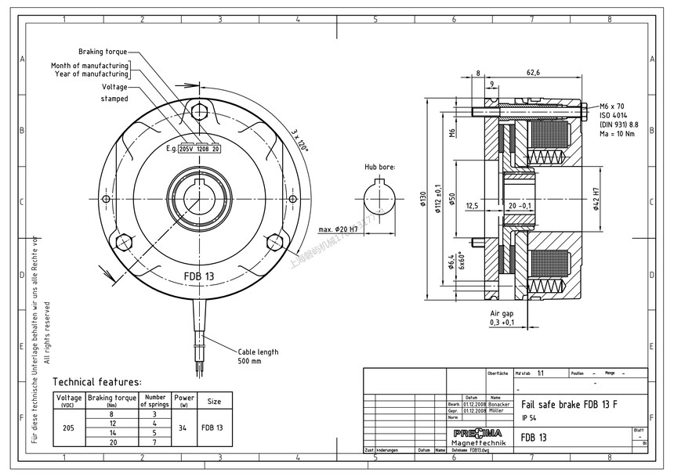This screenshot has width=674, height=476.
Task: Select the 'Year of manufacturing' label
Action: (x=91, y=74)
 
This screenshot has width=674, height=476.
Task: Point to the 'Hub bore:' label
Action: (x=380, y=167)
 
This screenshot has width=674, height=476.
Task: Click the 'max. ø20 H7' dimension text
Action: (x=338, y=229)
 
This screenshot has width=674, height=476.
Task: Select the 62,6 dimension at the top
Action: (x=533, y=73)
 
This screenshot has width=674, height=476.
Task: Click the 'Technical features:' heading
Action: (x=97, y=382)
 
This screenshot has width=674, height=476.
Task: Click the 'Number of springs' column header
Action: (x=155, y=401)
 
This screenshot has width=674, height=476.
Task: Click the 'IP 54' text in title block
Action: (x=529, y=418)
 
